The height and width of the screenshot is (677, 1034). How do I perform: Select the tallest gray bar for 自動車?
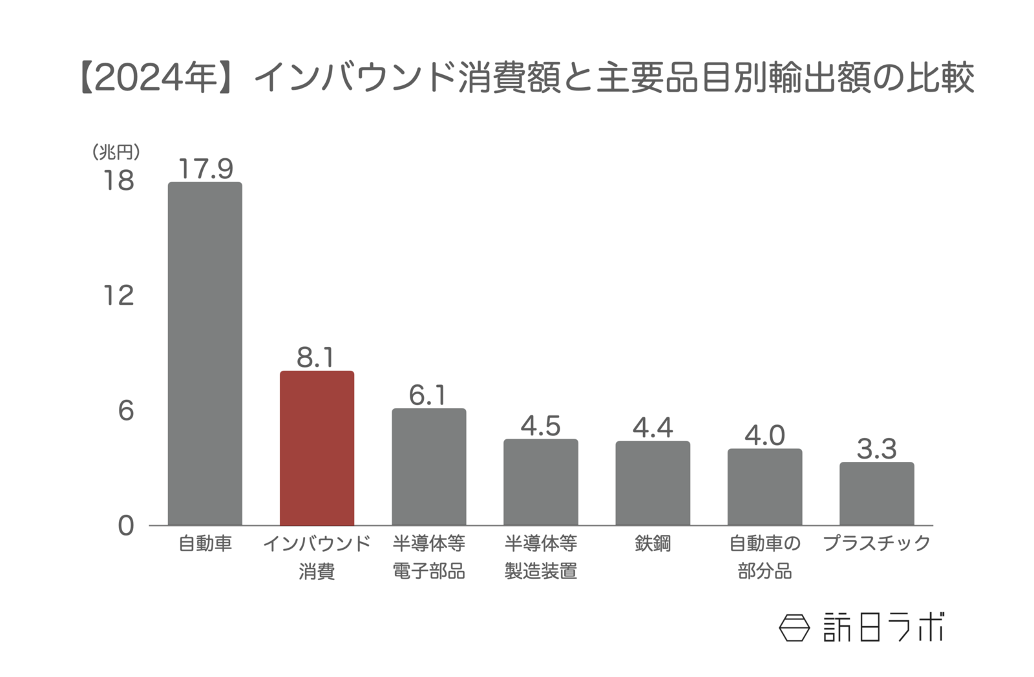click(x=205, y=353)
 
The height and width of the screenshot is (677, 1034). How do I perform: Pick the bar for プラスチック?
click(x=876, y=494)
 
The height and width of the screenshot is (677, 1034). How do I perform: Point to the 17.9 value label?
click(x=205, y=169)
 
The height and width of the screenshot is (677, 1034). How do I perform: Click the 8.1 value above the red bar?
click(x=315, y=357)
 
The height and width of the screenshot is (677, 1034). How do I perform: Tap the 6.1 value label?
click(x=428, y=395)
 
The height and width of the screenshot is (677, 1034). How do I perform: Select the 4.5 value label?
click(x=540, y=426)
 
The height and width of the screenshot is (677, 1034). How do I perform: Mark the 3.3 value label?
click(x=876, y=449)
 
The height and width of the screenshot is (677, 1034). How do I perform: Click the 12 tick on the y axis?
click(x=119, y=295)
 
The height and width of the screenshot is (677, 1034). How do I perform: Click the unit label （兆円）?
click(x=116, y=152)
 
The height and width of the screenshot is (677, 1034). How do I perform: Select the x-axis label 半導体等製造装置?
click(x=540, y=557)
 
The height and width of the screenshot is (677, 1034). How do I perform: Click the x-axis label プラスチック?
click(x=876, y=543)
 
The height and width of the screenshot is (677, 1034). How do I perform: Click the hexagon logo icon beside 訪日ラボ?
click(x=794, y=627)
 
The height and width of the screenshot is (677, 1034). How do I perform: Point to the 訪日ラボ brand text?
click(x=883, y=627)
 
